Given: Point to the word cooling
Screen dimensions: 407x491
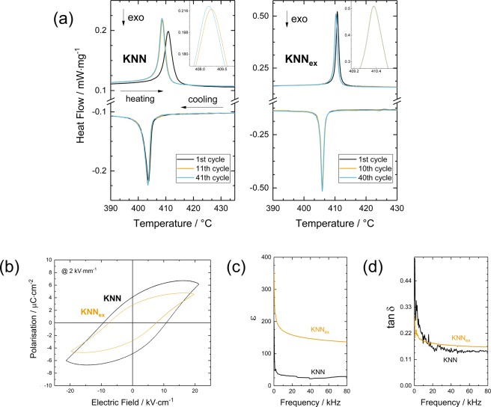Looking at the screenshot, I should (x=196, y=98).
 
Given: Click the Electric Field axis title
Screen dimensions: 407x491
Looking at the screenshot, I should (x=132, y=401).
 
